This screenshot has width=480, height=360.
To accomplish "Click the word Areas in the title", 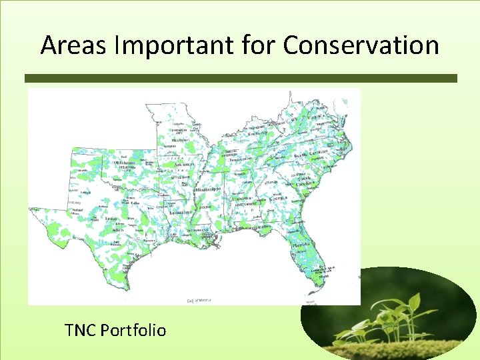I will [x=69, y=45].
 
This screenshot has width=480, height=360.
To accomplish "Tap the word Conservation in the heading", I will [x=361, y=45].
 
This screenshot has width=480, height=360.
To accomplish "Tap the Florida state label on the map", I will [x=301, y=245].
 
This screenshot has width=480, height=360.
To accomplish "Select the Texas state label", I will [x=112, y=218].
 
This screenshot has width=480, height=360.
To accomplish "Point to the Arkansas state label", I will [x=183, y=164].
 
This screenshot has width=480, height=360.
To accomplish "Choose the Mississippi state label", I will [x=207, y=189].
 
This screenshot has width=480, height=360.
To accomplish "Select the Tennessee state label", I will [x=241, y=159].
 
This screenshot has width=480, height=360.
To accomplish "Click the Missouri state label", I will [x=179, y=141].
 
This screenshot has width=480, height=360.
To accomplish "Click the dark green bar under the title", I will [x=241, y=78].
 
